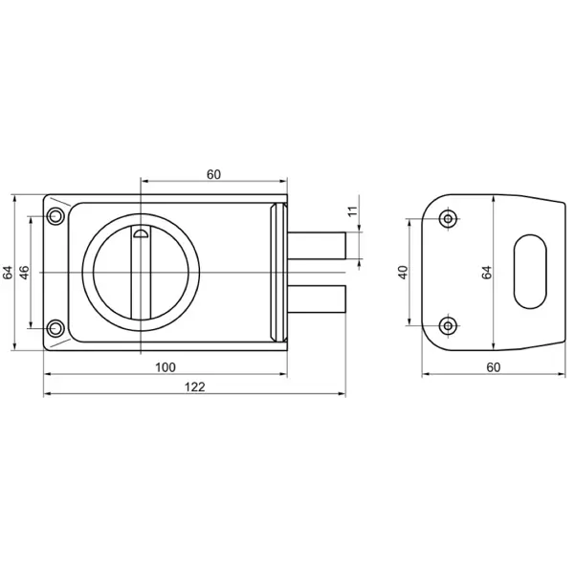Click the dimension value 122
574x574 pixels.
point(195,386)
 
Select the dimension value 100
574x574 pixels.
point(166,367)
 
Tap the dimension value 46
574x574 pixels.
point(24,273)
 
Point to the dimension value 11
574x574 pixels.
point(352,211)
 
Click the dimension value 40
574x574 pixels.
point(403,273)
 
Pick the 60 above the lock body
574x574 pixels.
point(213,175)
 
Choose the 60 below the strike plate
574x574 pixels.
point(494,367)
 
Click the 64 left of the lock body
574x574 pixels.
point(8,273)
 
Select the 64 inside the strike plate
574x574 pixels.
point(487,273)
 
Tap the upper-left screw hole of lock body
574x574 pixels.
point(55,216)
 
